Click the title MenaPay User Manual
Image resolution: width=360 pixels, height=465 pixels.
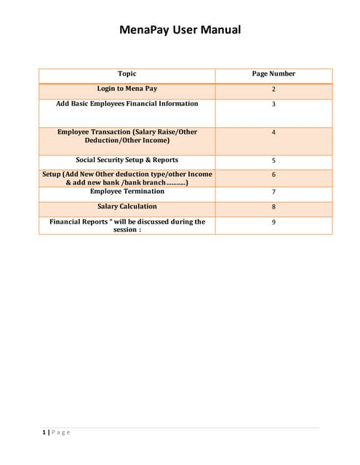click(180, 31)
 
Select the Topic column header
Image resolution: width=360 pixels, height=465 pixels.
click(127, 74)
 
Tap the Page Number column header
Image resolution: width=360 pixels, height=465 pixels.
click(273, 74)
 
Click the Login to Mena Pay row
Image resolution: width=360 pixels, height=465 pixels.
click(127, 89)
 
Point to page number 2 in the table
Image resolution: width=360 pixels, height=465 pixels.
click(273, 89)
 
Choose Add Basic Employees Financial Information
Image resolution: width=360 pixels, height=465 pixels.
click(127, 104)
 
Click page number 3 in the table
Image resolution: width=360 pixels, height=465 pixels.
click(273, 105)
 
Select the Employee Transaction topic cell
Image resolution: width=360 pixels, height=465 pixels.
click(127, 136)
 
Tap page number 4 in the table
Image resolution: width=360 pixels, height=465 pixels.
click(273, 133)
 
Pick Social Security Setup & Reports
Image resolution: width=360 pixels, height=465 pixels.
click(127, 160)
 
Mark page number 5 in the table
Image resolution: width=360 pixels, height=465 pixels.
click(273, 161)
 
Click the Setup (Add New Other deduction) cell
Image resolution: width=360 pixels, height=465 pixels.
click(127, 179)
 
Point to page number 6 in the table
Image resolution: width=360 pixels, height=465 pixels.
click(273, 176)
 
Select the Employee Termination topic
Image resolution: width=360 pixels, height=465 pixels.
click(127, 192)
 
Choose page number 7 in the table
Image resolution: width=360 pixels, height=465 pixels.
click(273, 193)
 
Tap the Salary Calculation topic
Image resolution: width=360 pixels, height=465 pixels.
click(127, 207)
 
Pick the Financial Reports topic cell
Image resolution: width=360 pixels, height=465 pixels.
click(127, 225)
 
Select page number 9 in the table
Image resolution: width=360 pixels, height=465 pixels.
click(273, 222)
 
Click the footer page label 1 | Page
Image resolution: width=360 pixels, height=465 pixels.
click(56, 433)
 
